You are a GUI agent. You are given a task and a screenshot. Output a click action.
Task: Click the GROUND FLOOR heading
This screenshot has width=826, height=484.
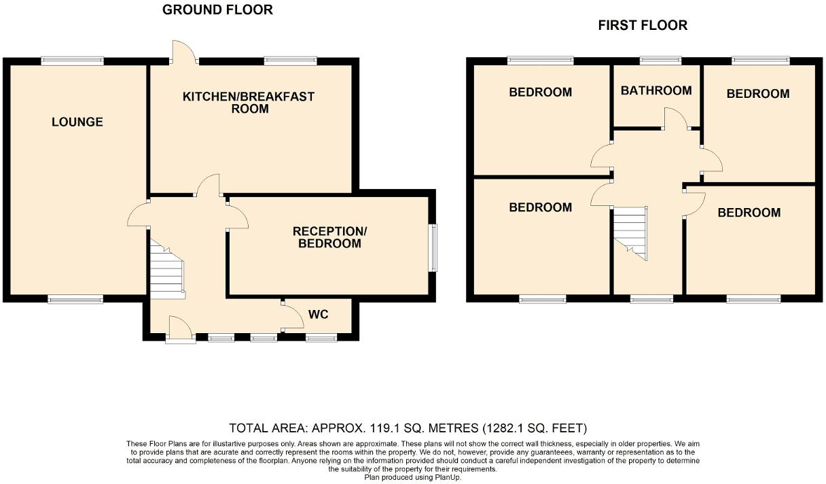[x=217, y=10]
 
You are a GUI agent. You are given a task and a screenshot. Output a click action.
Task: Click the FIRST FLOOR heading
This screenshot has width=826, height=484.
[x=642, y=25]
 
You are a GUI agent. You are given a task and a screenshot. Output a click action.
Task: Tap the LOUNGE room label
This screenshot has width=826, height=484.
[x=77, y=122]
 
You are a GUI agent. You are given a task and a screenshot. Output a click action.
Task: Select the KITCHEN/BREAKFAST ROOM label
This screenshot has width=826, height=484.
[x=249, y=102]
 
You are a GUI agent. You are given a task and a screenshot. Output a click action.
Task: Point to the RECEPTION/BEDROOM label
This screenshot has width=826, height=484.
[x=329, y=237]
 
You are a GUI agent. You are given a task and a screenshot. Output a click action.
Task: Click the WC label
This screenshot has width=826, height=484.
[x=319, y=315]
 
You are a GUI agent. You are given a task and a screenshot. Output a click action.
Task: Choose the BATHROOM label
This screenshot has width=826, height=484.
[x=656, y=90]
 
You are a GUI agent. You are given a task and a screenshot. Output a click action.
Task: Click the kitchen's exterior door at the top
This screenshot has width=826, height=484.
[x=183, y=53]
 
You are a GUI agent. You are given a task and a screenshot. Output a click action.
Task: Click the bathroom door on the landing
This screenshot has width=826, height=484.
[x=676, y=118]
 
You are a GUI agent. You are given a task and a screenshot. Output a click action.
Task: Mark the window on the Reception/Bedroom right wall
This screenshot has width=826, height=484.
[x=433, y=248]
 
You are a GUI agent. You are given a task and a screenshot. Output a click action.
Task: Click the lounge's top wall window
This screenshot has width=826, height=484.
[x=72, y=61]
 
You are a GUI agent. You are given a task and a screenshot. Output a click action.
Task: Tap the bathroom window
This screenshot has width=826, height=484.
[x=660, y=61]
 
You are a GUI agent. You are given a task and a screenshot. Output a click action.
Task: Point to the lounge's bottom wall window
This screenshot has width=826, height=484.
[x=75, y=298]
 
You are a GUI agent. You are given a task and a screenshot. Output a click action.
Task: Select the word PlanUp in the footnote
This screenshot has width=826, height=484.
[x=445, y=477]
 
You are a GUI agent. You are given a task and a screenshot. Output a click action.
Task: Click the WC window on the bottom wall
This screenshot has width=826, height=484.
[x=321, y=337]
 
